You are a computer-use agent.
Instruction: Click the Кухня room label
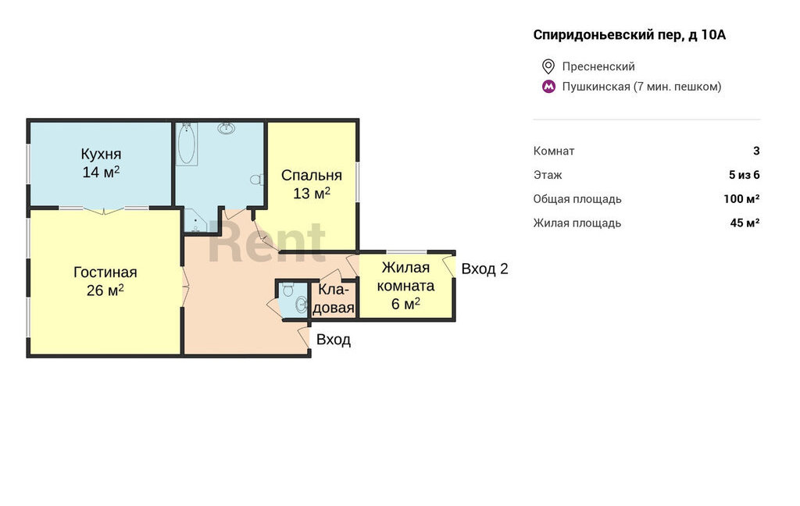point(101,154)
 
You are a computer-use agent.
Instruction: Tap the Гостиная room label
point(105,273)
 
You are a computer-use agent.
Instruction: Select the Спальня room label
point(311,176)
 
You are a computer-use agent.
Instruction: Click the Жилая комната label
point(405,276)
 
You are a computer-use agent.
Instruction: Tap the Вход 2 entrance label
point(484,269)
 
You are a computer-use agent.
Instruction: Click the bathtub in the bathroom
point(186,144)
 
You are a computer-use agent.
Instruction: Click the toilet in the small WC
point(287,289)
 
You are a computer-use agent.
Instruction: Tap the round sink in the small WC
point(301,305)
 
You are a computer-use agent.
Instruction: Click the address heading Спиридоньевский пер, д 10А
point(629,34)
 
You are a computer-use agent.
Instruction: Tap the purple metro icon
point(548,87)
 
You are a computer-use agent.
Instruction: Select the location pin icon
point(548,66)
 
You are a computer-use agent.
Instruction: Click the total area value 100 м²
point(741,199)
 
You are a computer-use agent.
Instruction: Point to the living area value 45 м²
point(745,223)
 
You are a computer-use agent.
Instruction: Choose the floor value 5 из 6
point(745,175)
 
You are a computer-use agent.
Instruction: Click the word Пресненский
point(598,67)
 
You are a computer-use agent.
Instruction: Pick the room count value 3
point(756,151)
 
